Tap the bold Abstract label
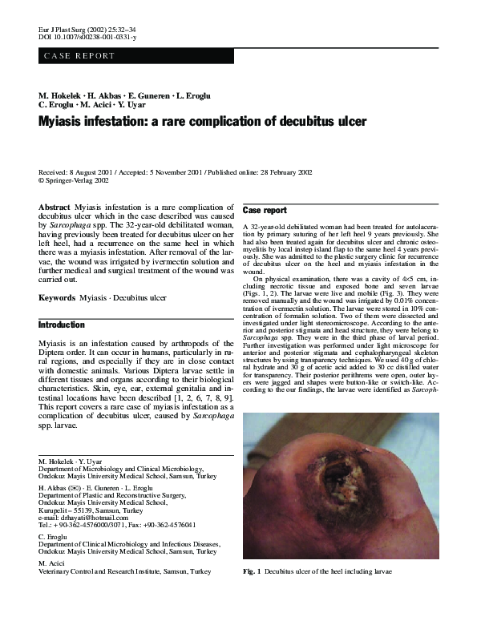55,208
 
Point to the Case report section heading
264,211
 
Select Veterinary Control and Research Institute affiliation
124,572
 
